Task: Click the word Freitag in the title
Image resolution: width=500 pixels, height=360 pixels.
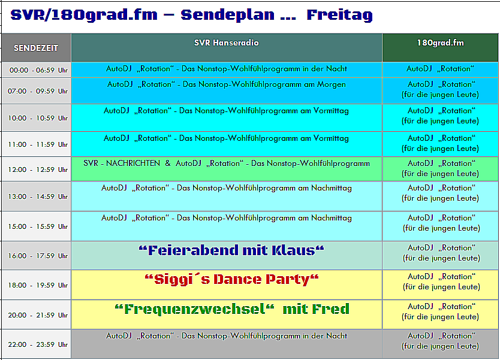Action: [339, 16]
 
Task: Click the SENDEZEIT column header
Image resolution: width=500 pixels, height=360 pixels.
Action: [36, 48]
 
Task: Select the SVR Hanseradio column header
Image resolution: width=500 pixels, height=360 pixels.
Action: [227, 47]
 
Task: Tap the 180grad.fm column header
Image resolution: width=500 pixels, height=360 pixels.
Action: [441, 47]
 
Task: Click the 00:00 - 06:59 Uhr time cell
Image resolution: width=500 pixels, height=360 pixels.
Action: [36, 69]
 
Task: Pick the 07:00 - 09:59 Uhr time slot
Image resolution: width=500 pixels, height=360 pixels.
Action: [36, 91]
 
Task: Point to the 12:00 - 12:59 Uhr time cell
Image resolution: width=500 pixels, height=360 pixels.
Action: [36, 169]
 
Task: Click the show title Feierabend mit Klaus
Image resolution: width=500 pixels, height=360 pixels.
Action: [231, 250]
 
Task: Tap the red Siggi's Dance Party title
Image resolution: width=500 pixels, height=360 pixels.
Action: [231, 279]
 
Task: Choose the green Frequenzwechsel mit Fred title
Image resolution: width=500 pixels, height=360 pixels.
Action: [232, 309]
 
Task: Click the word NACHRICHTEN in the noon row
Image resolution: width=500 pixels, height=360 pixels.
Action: [133, 163]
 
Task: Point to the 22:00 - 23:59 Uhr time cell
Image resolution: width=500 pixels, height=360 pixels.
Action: [36, 344]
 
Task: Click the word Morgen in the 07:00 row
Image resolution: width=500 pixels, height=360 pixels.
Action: [332, 84]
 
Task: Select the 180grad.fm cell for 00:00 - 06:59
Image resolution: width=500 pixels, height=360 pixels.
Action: [441, 69]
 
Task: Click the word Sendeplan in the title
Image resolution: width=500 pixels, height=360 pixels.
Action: [227, 16]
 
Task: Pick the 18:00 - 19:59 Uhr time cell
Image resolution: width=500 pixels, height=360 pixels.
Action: [36, 285]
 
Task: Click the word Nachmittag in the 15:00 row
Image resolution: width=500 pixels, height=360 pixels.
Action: [332, 218]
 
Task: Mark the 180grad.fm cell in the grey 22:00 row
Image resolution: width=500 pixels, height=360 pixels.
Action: [441, 344]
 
